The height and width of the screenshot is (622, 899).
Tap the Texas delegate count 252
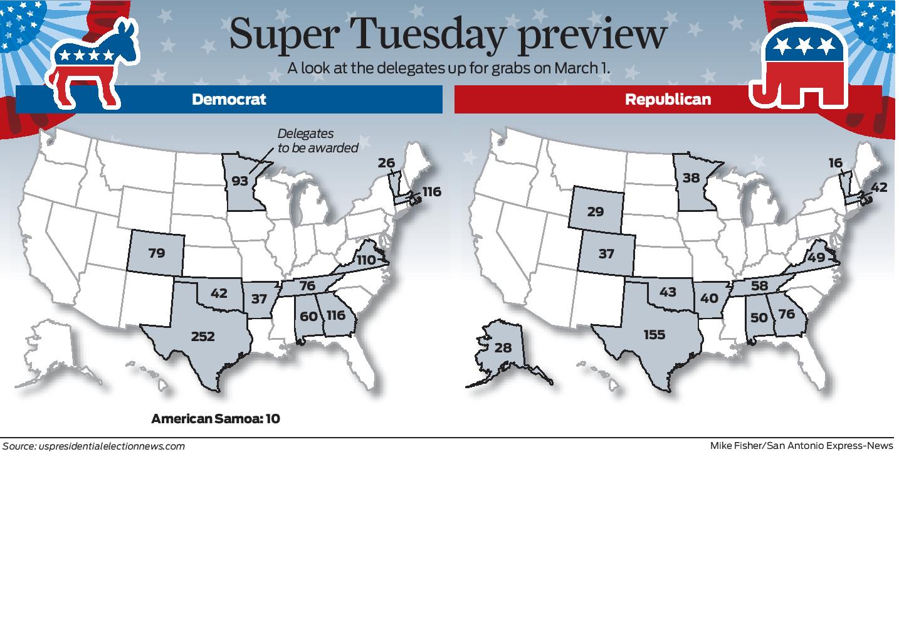202,337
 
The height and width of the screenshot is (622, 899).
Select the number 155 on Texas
654,335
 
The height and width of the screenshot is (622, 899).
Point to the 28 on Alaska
503,347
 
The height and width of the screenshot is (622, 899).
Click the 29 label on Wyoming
595,212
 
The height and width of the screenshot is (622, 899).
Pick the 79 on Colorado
156,253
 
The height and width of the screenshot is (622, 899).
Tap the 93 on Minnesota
240,181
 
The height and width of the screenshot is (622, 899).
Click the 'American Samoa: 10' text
215,418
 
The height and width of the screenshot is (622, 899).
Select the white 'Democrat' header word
229,100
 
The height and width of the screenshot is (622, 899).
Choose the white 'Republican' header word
668,100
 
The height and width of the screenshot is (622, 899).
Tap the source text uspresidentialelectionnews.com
111,446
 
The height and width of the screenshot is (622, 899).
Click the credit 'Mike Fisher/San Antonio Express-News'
801,446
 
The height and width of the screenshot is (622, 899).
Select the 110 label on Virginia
365,260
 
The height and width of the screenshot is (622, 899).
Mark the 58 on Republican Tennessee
759,286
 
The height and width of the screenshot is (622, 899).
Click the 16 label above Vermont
835,163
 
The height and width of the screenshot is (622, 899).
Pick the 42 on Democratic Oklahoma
219,293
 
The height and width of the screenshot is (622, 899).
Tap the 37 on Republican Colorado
606,254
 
